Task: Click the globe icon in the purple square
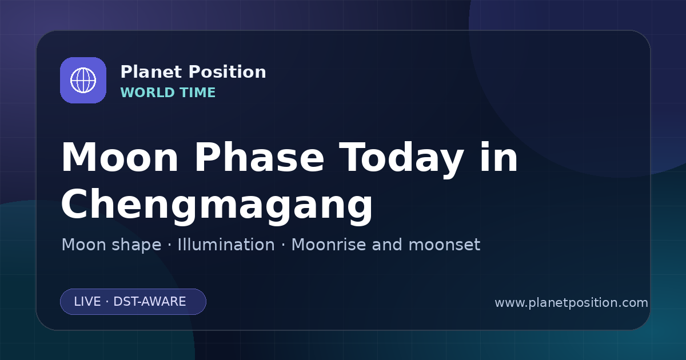coord(83,80)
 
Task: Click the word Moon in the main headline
coord(119,157)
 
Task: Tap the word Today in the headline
coord(401,159)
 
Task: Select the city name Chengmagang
coord(217,207)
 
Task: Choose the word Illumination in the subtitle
coord(226,245)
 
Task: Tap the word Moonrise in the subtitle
coord(332,245)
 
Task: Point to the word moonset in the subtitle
coord(444,245)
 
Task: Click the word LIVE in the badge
coord(87,302)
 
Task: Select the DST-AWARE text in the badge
coord(149,302)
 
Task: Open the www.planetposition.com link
coord(571,303)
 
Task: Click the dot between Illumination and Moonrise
coord(283,245)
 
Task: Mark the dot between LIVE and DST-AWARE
coord(107,302)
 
